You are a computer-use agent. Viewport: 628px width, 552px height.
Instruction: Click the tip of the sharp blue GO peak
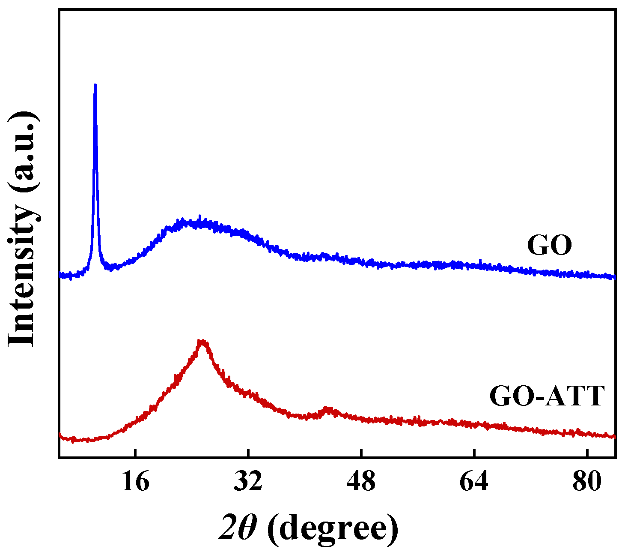[95, 85]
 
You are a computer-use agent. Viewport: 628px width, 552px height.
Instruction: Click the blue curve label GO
[549, 246]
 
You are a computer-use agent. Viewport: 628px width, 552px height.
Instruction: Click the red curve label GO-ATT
[547, 396]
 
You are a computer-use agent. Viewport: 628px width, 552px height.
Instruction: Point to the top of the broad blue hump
[193, 222]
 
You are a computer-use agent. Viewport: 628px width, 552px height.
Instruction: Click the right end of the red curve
[615, 436]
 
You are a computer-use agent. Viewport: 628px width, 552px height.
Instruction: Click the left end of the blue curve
[60, 275]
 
